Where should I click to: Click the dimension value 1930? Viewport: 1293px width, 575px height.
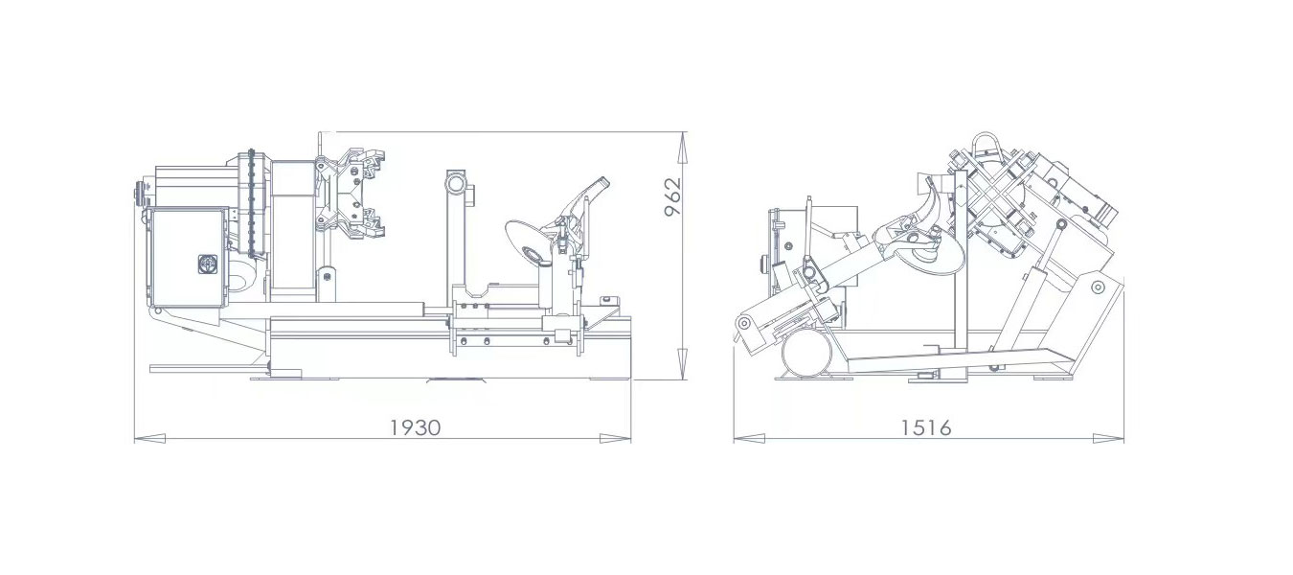(x=415, y=427)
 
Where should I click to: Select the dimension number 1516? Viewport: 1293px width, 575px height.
(x=926, y=427)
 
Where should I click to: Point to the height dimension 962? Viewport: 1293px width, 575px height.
(x=673, y=196)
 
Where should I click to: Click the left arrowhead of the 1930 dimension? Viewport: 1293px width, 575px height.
(x=149, y=439)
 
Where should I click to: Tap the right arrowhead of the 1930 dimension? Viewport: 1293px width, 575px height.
(x=615, y=439)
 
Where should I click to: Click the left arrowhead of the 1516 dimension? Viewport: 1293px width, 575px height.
(x=749, y=439)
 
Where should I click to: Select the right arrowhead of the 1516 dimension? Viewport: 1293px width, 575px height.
(x=1109, y=439)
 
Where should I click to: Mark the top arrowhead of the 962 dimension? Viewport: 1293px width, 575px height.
(x=683, y=148)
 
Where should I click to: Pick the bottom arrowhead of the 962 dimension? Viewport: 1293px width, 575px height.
(x=683, y=364)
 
